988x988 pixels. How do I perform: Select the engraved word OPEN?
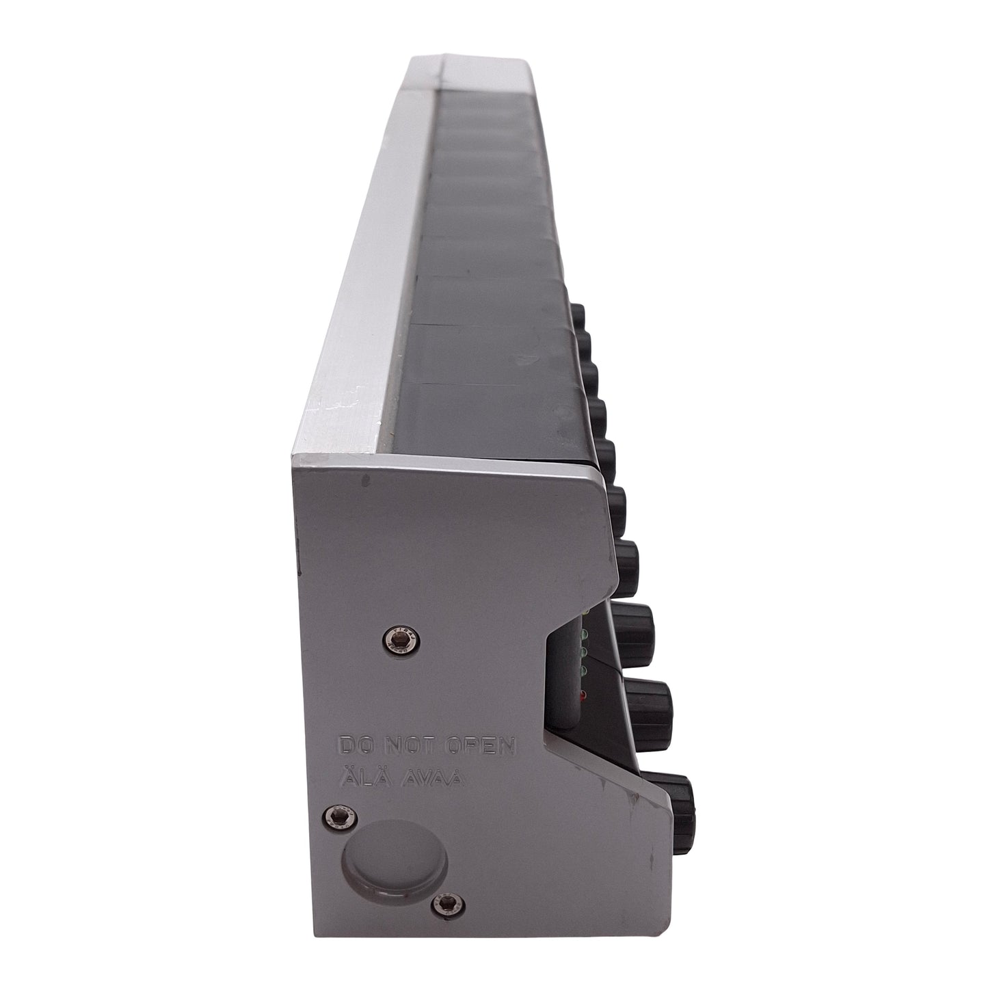(482, 762)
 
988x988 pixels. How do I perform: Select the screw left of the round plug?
(341, 830)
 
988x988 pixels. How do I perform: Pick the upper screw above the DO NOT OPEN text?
(402, 640)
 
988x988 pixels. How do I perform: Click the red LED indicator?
(583, 696)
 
